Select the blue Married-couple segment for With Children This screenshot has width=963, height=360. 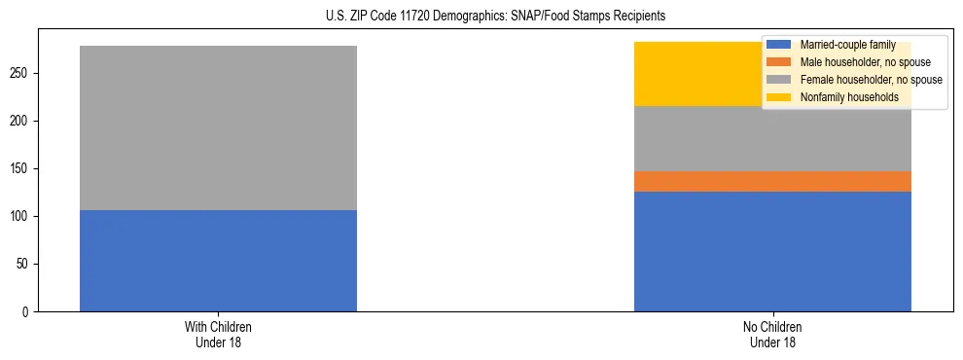click(x=218, y=261)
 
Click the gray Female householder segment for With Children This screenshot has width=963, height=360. click(x=218, y=127)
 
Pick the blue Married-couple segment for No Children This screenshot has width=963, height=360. click(x=772, y=251)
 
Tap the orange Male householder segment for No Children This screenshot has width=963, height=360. click(x=772, y=181)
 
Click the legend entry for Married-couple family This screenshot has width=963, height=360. click(x=841, y=45)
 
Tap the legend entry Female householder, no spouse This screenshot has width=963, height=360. click(x=871, y=80)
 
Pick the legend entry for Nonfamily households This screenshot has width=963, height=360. click(x=849, y=97)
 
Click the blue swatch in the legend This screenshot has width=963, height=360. click(x=779, y=45)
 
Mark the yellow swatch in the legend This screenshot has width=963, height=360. click(x=779, y=97)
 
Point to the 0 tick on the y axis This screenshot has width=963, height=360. click(x=30, y=311)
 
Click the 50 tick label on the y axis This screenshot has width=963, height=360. click(x=27, y=264)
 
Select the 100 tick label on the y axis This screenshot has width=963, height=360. click(x=24, y=216)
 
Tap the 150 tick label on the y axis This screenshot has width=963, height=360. click(x=24, y=168)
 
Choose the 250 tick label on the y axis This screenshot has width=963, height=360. click(x=24, y=73)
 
